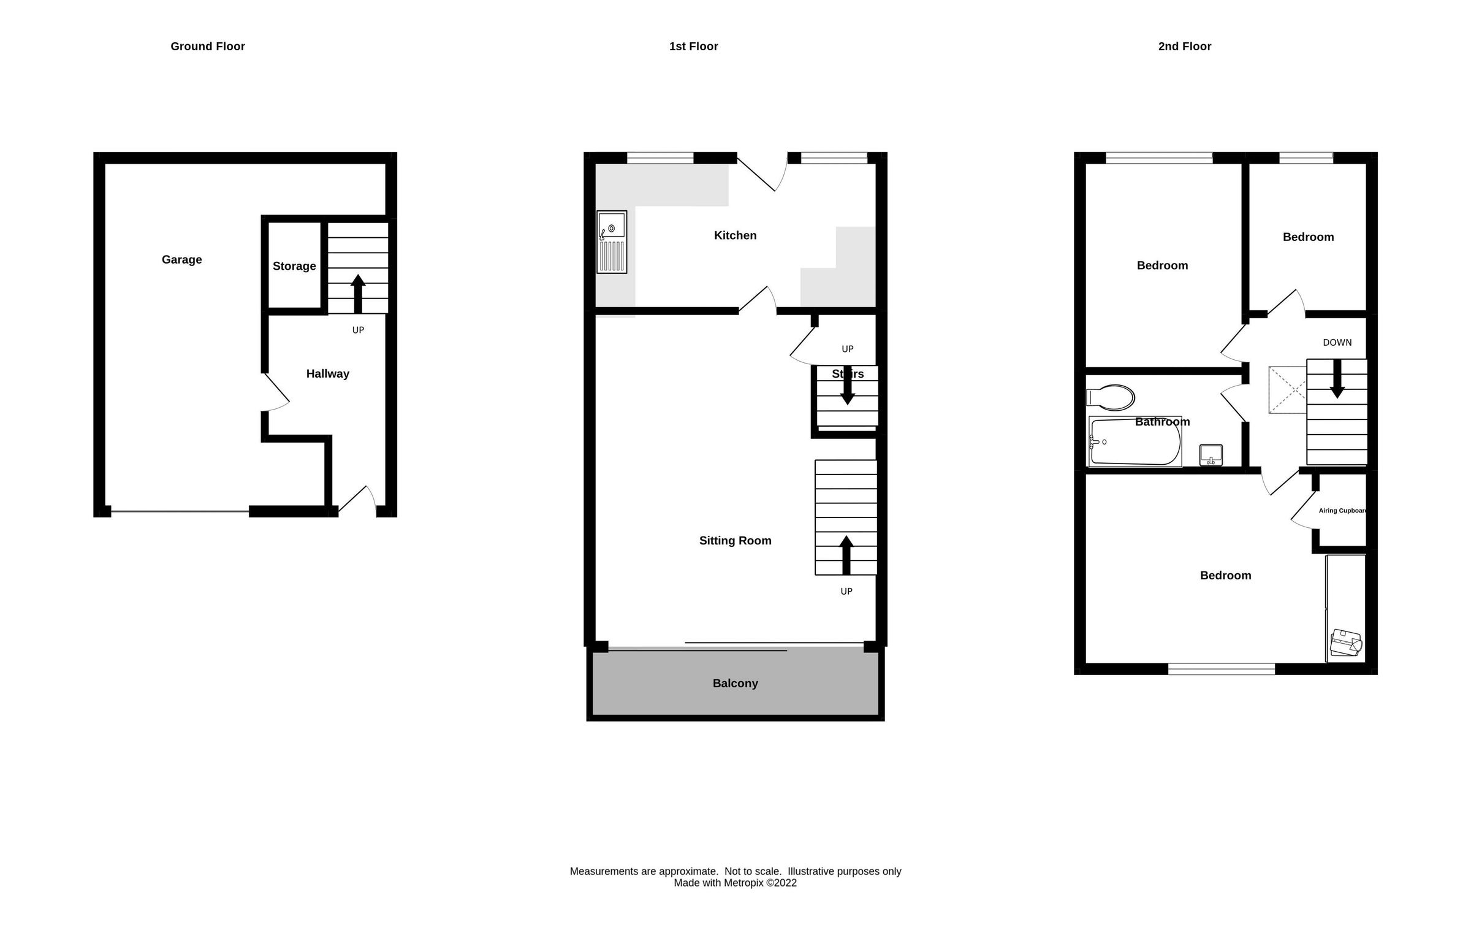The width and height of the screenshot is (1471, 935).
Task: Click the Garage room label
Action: pyautogui.click(x=181, y=259)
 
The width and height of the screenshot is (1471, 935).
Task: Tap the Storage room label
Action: pyautogui.click(x=294, y=266)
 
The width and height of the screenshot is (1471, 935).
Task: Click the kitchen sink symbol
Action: pyautogui.click(x=612, y=242)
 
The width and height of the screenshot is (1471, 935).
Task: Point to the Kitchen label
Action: pyautogui.click(x=735, y=235)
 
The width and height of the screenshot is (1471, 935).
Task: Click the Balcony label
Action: pyautogui.click(x=735, y=683)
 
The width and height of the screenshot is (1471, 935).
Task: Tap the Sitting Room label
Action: pyautogui.click(x=735, y=541)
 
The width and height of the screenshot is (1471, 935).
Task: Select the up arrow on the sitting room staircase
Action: pyautogui.click(x=846, y=554)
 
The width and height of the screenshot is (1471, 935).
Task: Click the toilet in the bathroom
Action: pyautogui.click(x=1111, y=397)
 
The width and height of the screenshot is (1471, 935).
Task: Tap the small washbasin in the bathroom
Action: pyautogui.click(x=1211, y=455)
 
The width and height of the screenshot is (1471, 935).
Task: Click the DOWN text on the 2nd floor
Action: pyautogui.click(x=1337, y=343)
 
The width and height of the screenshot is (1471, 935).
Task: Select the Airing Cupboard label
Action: pyautogui.click(x=1342, y=511)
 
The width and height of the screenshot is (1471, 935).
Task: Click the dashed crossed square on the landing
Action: pyautogui.click(x=1287, y=390)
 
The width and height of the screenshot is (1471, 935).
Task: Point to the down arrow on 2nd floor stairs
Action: pyautogui.click(x=1337, y=379)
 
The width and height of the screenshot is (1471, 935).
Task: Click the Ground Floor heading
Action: pyautogui.click(x=207, y=47)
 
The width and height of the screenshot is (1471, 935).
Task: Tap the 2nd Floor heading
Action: pyautogui.click(x=1184, y=47)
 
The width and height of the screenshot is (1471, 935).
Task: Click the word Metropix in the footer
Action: pyautogui.click(x=743, y=883)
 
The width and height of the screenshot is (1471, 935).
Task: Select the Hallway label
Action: pyautogui.click(x=327, y=374)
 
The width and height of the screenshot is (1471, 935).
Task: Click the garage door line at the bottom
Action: pyautogui.click(x=180, y=511)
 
